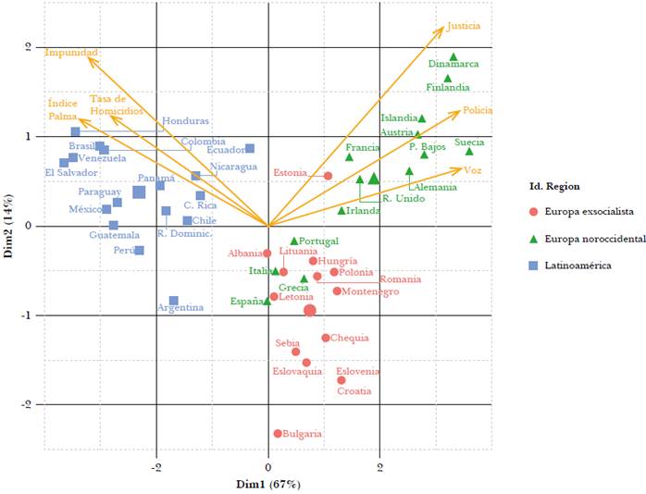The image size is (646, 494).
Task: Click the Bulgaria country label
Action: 303,433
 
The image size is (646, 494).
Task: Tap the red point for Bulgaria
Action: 278,433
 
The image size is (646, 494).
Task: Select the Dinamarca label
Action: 453,65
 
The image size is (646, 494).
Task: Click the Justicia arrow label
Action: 464,27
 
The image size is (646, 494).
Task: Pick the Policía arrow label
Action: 478,110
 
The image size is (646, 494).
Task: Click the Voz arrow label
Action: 473,170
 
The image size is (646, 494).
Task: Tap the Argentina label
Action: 180,307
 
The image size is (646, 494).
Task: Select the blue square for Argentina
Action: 173,301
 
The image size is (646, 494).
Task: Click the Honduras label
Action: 185,121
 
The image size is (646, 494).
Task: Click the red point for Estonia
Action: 328,176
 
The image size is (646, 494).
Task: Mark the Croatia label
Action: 354,391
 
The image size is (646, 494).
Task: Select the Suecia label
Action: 469,142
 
